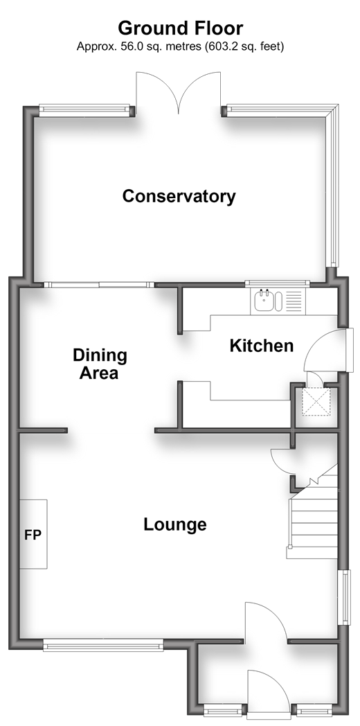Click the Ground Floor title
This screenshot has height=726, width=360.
pyautogui.click(x=180, y=28)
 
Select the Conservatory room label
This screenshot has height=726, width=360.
pyautogui.click(x=179, y=196)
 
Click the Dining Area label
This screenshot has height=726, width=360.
pyautogui.click(x=100, y=364)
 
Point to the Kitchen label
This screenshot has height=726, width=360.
pyautogui.click(x=262, y=346)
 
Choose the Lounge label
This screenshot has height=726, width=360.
pyautogui.click(x=175, y=524)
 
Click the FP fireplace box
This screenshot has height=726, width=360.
pyautogui.click(x=33, y=534)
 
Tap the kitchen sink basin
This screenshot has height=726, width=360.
pyautogui.click(x=264, y=301)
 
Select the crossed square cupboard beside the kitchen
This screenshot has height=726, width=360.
pyautogui.click(x=316, y=401)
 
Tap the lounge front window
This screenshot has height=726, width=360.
pyautogui.click(x=103, y=645)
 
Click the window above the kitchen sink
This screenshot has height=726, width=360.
pyautogui.click(x=277, y=283)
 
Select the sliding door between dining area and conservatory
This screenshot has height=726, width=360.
pyautogui.click(x=99, y=285)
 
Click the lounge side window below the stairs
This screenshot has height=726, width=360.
pyautogui.click(x=345, y=597)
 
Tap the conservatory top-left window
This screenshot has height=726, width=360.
pyautogui.click(x=84, y=110)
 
